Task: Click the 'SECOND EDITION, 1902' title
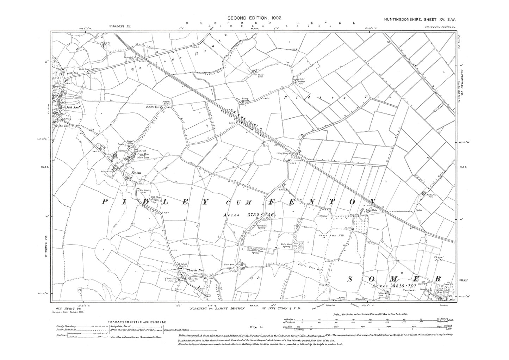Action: click(x=255, y=17)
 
